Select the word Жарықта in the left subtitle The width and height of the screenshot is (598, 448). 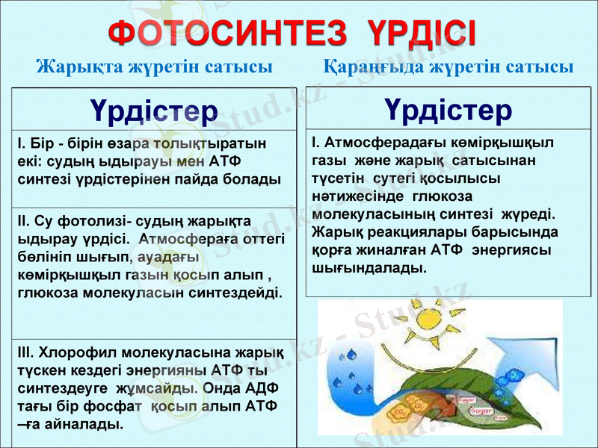pyautogui.click(x=70, y=67)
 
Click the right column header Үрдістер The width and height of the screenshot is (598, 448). pyautogui.click(x=449, y=111)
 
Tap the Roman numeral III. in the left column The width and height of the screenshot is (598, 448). pyautogui.click(x=25, y=352)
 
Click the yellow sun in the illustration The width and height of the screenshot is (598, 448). pyautogui.click(x=423, y=323)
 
